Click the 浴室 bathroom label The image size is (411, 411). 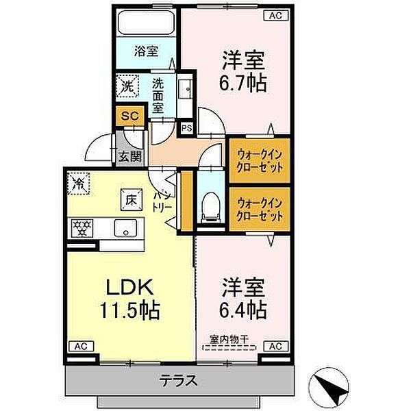(145, 50)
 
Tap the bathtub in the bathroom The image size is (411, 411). (145, 22)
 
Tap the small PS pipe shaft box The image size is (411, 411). (186, 127)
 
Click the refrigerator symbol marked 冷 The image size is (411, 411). (79, 184)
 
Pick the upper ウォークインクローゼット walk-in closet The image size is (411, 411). (260, 160)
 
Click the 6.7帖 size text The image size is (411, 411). (243, 83)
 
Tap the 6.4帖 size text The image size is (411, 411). (243, 309)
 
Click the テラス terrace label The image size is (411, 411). (179, 380)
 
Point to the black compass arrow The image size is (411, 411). (334, 386)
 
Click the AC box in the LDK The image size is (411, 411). (80, 346)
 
